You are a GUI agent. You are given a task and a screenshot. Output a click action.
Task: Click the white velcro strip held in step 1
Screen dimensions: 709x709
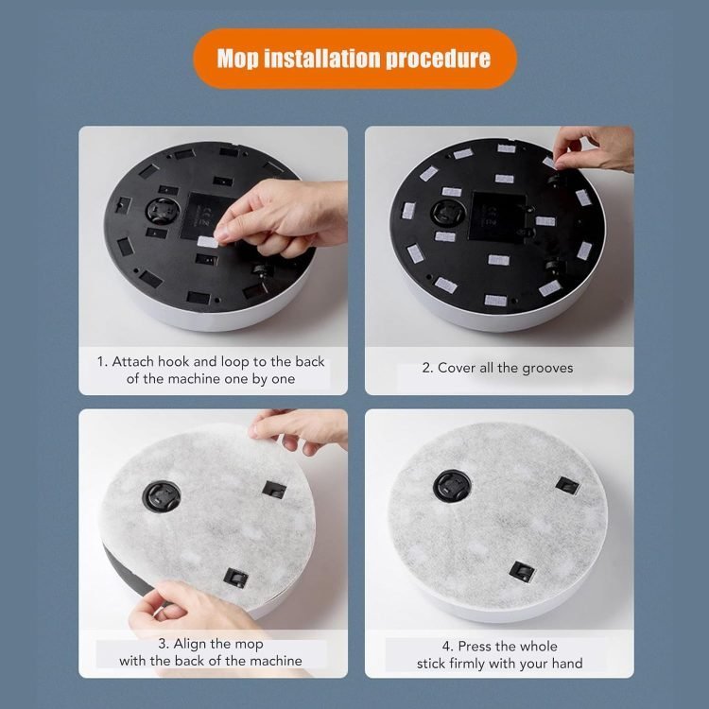tap(208, 242)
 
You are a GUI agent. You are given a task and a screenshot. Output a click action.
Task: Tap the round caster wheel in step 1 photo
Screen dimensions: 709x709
tap(163, 211)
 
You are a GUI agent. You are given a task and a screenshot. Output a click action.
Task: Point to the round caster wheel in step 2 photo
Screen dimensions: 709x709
tap(448, 213)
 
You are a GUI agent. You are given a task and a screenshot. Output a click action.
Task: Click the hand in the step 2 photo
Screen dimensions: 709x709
tap(594, 147)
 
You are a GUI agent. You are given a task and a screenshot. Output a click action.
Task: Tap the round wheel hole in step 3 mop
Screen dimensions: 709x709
tap(162, 496)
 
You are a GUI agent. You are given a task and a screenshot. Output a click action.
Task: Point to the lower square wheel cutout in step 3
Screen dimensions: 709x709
tap(235, 578)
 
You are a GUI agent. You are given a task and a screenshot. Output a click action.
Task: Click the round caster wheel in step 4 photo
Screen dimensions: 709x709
tap(452, 486)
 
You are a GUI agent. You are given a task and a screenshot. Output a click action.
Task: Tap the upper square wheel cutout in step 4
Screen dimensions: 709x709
tap(567, 486)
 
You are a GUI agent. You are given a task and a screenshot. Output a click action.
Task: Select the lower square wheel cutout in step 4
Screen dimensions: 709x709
tap(522, 572)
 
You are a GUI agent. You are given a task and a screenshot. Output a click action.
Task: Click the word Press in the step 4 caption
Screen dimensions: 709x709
tap(476, 647)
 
